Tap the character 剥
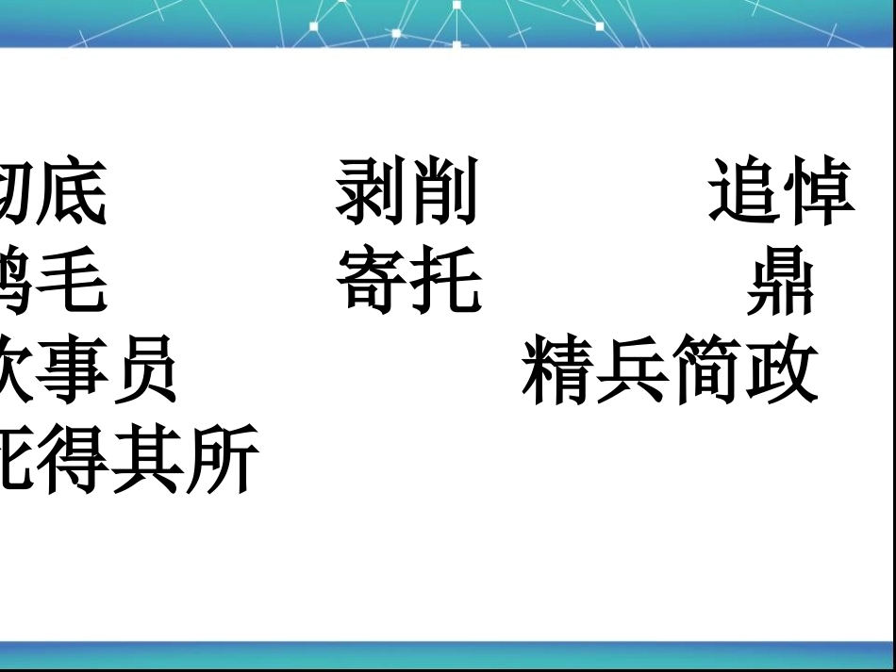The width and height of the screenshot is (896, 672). (x=371, y=192)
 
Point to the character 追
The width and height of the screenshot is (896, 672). (x=744, y=192)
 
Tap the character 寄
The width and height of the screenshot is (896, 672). (x=371, y=281)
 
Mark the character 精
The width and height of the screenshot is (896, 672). (x=557, y=370)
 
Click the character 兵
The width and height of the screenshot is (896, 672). (x=632, y=370)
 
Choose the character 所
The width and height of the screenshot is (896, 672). (x=222, y=459)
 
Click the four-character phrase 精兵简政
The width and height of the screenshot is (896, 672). (x=670, y=370)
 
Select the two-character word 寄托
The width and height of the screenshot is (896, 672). (x=407, y=281)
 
